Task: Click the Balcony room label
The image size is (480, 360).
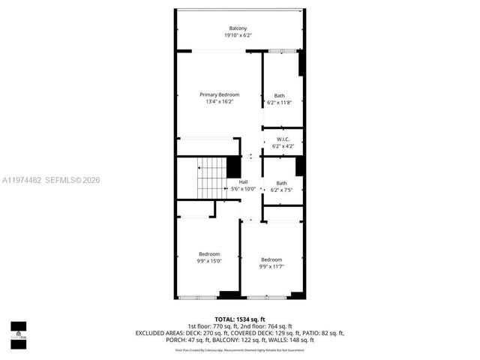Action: click(x=237, y=28)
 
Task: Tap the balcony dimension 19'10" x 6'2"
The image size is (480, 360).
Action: click(x=237, y=35)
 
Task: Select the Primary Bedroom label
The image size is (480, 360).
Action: click(x=219, y=94)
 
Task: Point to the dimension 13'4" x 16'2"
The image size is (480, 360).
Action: click(x=219, y=102)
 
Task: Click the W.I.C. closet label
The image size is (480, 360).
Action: click(x=283, y=139)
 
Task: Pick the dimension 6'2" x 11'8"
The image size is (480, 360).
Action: click(x=280, y=103)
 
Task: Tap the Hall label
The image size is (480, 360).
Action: click(x=243, y=182)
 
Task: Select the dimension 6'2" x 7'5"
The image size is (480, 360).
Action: click(x=282, y=190)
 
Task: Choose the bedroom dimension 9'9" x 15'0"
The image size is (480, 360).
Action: click(x=209, y=261)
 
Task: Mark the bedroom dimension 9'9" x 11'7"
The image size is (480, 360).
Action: click(x=271, y=266)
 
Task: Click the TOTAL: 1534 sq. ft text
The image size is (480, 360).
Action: click(x=239, y=319)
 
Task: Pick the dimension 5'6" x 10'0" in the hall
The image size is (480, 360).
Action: click(x=243, y=189)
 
